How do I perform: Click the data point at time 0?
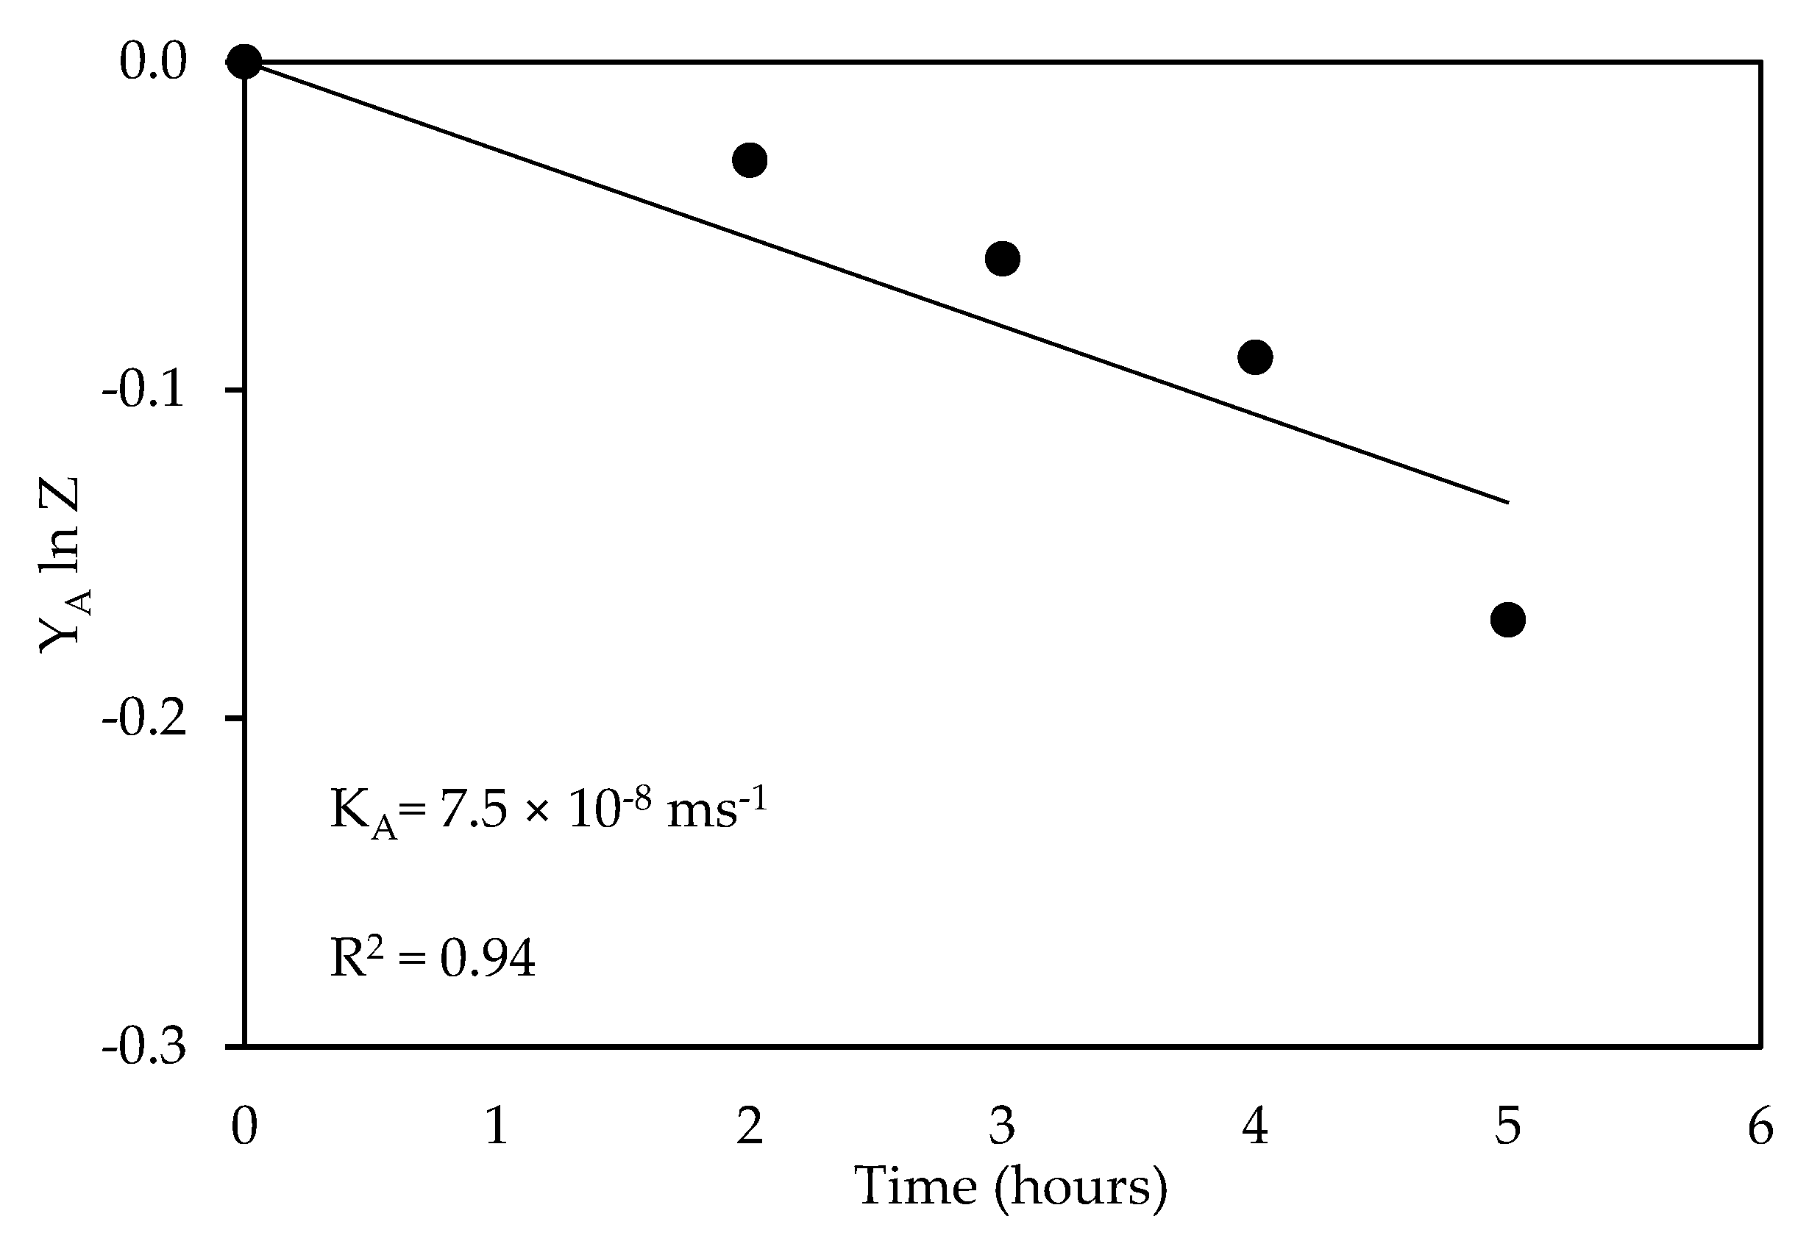coord(244,62)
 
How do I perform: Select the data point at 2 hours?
coord(750,160)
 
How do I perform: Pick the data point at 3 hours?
coord(1003,258)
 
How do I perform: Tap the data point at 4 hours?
coord(1255,357)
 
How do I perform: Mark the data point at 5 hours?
coord(1508,620)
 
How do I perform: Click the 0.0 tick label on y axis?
coord(153,62)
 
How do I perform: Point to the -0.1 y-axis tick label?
coord(145,390)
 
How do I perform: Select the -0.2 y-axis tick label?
coord(145,718)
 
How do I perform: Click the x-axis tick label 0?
coord(244,1126)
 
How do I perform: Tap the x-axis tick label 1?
coord(497,1126)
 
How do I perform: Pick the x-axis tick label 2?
coord(750,1126)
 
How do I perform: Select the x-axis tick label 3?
coord(1003,1126)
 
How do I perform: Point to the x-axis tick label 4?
coord(1255,1126)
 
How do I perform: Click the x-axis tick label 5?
coord(1508,1126)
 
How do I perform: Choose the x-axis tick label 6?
coord(1760,1126)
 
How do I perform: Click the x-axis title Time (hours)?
coord(1011,1187)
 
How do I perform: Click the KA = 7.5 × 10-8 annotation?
coord(549,811)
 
